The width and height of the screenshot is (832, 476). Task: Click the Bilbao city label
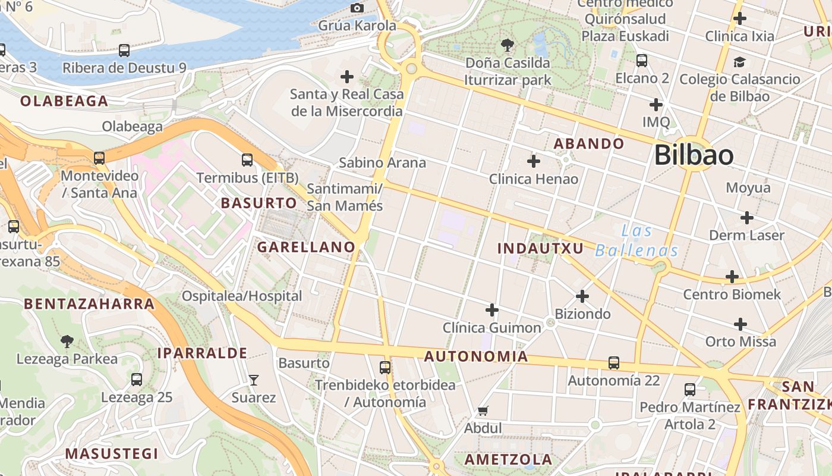(x=694, y=155)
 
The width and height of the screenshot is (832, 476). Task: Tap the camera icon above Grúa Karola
(x=357, y=8)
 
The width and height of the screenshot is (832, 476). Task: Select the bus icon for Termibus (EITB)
(x=247, y=160)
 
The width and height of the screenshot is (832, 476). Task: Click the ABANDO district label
(x=589, y=143)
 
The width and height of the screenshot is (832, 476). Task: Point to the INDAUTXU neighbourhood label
(x=540, y=248)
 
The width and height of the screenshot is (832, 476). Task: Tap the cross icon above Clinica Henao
(x=534, y=161)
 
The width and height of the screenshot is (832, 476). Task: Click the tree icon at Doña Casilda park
(x=508, y=45)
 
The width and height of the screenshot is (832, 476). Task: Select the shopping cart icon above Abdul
(x=483, y=411)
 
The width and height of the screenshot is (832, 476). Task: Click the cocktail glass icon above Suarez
(x=254, y=380)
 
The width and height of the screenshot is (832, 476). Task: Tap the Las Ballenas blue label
(x=636, y=240)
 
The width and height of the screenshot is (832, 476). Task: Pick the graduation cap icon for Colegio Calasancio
(x=739, y=62)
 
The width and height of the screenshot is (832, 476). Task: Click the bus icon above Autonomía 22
(x=614, y=362)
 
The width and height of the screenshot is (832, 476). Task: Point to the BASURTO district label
(x=259, y=203)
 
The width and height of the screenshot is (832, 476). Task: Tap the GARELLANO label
(x=306, y=247)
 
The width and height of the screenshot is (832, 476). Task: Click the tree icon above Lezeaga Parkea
(x=67, y=342)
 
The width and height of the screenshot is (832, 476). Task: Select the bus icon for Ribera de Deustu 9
(x=124, y=51)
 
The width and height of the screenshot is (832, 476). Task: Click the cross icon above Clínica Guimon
(x=492, y=309)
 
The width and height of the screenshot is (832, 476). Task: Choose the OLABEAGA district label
(x=64, y=101)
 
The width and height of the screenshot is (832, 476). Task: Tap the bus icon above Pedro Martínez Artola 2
(x=690, y=390)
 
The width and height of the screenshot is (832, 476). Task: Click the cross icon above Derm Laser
(x=747, y=218)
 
